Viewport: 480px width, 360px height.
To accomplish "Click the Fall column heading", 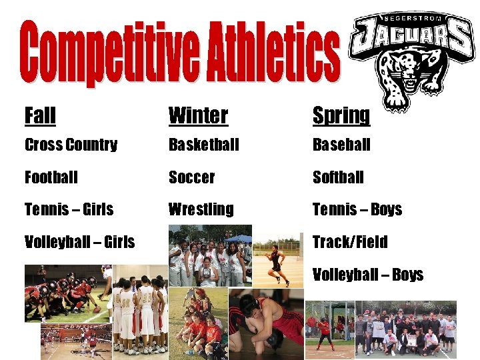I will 40,115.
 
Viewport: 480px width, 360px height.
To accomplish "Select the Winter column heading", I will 198,115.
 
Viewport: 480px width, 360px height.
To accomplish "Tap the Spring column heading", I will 341,115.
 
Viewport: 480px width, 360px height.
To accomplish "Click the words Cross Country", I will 71,145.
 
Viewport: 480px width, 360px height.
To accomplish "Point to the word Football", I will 51,177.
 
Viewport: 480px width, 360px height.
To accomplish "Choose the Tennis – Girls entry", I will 69,209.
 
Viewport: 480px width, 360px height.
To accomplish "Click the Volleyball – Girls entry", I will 79,241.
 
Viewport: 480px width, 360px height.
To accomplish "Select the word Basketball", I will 203,145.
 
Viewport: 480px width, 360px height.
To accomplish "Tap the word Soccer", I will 191,177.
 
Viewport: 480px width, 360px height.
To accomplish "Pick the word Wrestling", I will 201,209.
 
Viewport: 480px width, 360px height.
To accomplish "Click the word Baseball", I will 341,145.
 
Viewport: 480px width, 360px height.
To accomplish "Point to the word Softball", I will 338,177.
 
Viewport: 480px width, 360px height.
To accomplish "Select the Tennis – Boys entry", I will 357,209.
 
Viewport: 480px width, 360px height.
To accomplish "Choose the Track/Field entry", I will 350,241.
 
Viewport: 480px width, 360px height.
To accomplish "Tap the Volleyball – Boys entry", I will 368,274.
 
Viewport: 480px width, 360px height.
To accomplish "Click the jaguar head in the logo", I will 401,77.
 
